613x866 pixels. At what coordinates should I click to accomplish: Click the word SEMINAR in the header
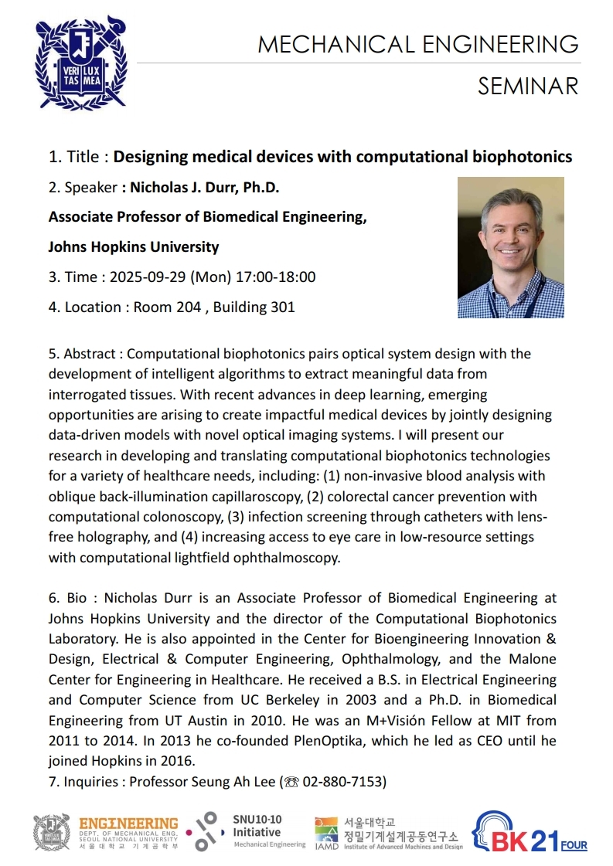point(527,86)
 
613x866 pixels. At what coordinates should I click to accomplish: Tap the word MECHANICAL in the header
point(335,44)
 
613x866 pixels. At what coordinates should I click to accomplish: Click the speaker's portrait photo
point(510,247)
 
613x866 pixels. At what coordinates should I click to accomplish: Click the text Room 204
point(168,307)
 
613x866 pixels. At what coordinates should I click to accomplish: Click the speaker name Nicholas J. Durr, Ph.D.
point(204,187)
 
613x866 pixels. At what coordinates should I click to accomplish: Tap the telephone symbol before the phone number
point(291,781)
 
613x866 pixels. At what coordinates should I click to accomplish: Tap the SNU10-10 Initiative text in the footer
point(257,827)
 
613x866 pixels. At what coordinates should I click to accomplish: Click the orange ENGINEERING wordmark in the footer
point(128,824)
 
